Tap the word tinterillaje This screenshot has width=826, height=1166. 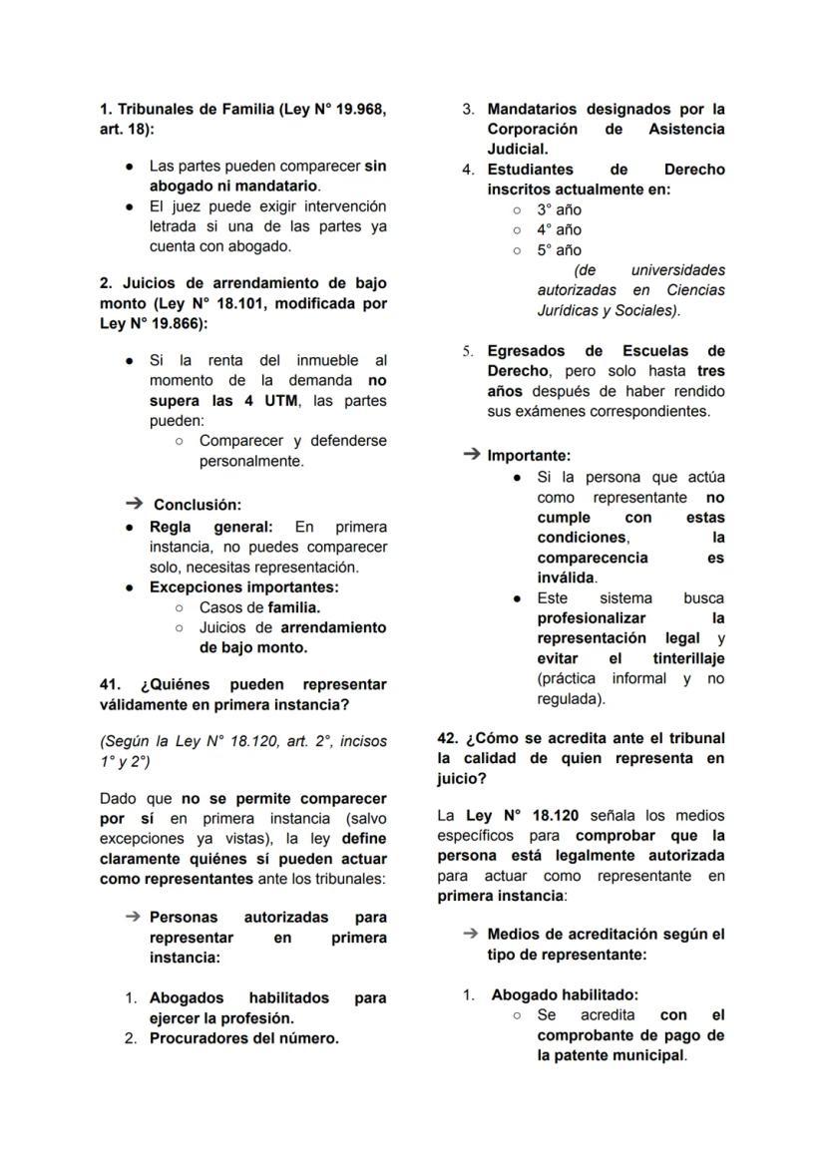[x=688, y=658]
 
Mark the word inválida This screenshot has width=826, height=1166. [x=566, y=578]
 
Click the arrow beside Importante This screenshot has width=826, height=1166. [x=472, y=455]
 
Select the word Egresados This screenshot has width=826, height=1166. [x=526, y=351]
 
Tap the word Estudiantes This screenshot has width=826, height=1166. [x=530, y=170]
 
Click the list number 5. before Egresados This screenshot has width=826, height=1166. [x=468, y=351]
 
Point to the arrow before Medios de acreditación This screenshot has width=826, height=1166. [x=471, y=934]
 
